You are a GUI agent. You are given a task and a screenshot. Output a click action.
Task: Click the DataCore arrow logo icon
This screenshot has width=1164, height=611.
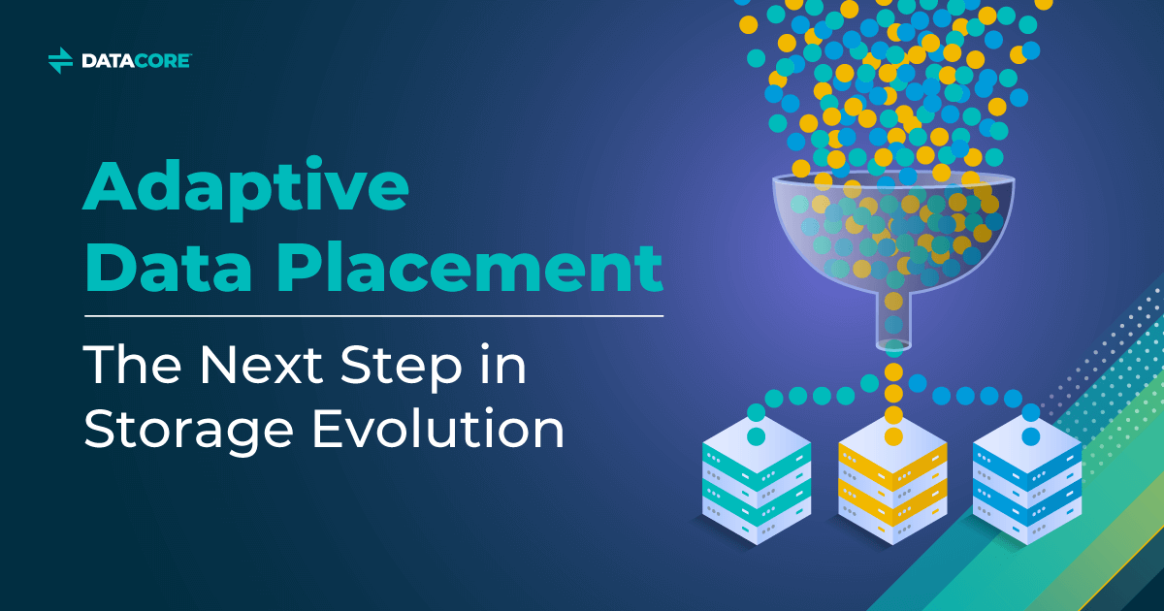(60, 60)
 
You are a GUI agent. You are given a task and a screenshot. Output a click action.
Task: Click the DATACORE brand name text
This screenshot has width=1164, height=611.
(136, 61)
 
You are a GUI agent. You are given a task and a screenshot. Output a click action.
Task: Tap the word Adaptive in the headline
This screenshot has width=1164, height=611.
(244, 190)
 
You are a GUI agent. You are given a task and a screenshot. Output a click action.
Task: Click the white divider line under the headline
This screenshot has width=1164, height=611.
(373, 316)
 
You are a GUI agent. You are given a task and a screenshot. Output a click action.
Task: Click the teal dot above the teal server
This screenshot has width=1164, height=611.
(757, 437)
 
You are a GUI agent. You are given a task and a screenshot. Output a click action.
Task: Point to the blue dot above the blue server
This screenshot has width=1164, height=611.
(1030, 437)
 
